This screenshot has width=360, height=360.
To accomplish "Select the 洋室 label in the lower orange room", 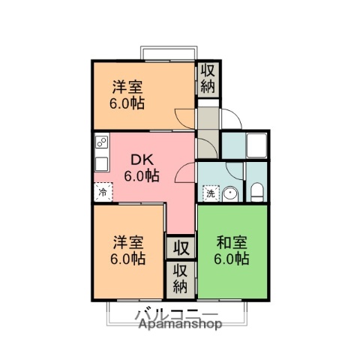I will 128,242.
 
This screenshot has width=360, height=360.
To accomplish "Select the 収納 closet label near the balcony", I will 181,277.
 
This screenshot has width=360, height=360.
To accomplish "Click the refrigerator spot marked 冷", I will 102,191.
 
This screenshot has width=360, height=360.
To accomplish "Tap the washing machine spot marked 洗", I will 211,193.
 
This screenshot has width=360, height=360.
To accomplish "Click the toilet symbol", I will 257,193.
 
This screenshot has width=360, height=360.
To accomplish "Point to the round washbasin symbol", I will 231,193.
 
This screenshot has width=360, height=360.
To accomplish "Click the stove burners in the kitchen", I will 100,142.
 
